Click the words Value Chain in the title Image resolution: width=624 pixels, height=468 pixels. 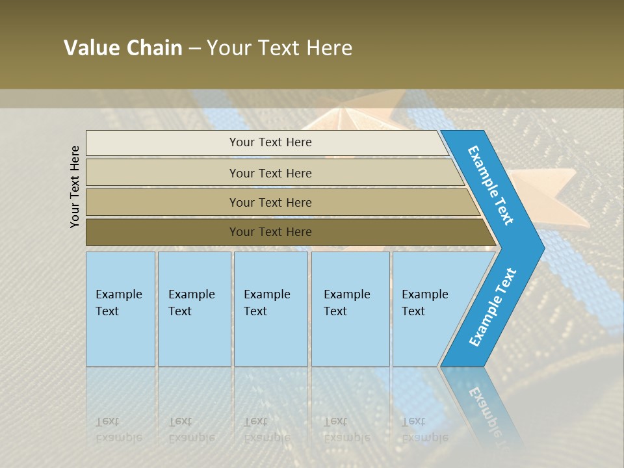click(x=123, y=48)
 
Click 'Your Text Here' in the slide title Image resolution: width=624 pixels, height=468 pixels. click(x=279, y=48)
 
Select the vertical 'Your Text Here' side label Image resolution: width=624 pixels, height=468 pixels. click(x=75, y=187)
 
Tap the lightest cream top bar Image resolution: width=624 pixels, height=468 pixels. click(x=270, y=142)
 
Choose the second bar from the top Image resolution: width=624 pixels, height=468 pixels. click(x=270, y=173)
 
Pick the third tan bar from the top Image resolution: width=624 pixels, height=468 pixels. click(x=270, y=202)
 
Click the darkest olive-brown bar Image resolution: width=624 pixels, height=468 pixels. click(x=270, y=232)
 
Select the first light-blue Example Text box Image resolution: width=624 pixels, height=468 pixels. click(x=120, y=309)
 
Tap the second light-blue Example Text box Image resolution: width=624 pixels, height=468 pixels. click(x=194, y=309)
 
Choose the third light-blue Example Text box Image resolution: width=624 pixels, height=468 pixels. click(x=270, y=309)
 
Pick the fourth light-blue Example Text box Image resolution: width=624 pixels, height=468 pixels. click(x=350, y=309)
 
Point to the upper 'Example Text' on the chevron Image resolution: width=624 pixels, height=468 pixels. click(x=491, y=185)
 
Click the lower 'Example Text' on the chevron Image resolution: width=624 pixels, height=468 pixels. click(x=492, y=307)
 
